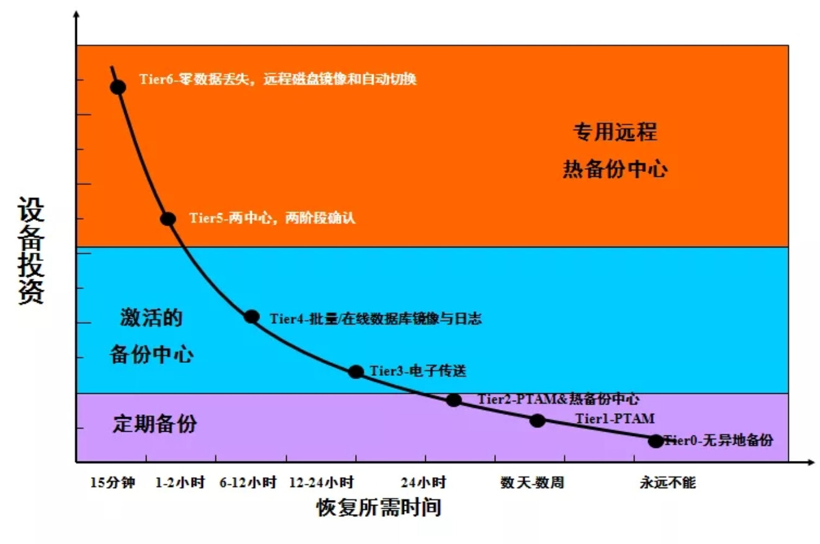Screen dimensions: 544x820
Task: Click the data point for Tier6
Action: (x=118, y=87)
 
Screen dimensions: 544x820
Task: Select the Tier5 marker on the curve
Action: (x=168, y=218)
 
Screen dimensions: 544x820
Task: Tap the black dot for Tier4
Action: (x=251, y=316)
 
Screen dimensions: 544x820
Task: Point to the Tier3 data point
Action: (x=356, y=372)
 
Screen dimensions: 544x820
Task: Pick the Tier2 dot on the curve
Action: (x=454, y=400)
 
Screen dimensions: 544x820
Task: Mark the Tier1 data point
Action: (x=538, y=420)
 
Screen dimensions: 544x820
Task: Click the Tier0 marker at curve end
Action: (x=656, y=441)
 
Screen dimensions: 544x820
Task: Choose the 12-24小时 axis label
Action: (x=322, y=483)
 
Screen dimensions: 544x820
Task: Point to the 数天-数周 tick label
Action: (x=532, y=483)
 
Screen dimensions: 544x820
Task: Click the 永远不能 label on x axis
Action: (x=668, y=483)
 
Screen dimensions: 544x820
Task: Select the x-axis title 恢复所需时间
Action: (x=379, y=508)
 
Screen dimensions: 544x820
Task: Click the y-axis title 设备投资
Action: (x=31, y=251)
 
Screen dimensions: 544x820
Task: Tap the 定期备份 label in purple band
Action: (x=155, y=424)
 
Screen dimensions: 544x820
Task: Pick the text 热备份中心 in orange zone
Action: (x=615, y=169)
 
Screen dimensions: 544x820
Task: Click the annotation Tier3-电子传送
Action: (x=418, y=372)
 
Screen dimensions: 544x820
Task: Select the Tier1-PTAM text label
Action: (x=615, y=419)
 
